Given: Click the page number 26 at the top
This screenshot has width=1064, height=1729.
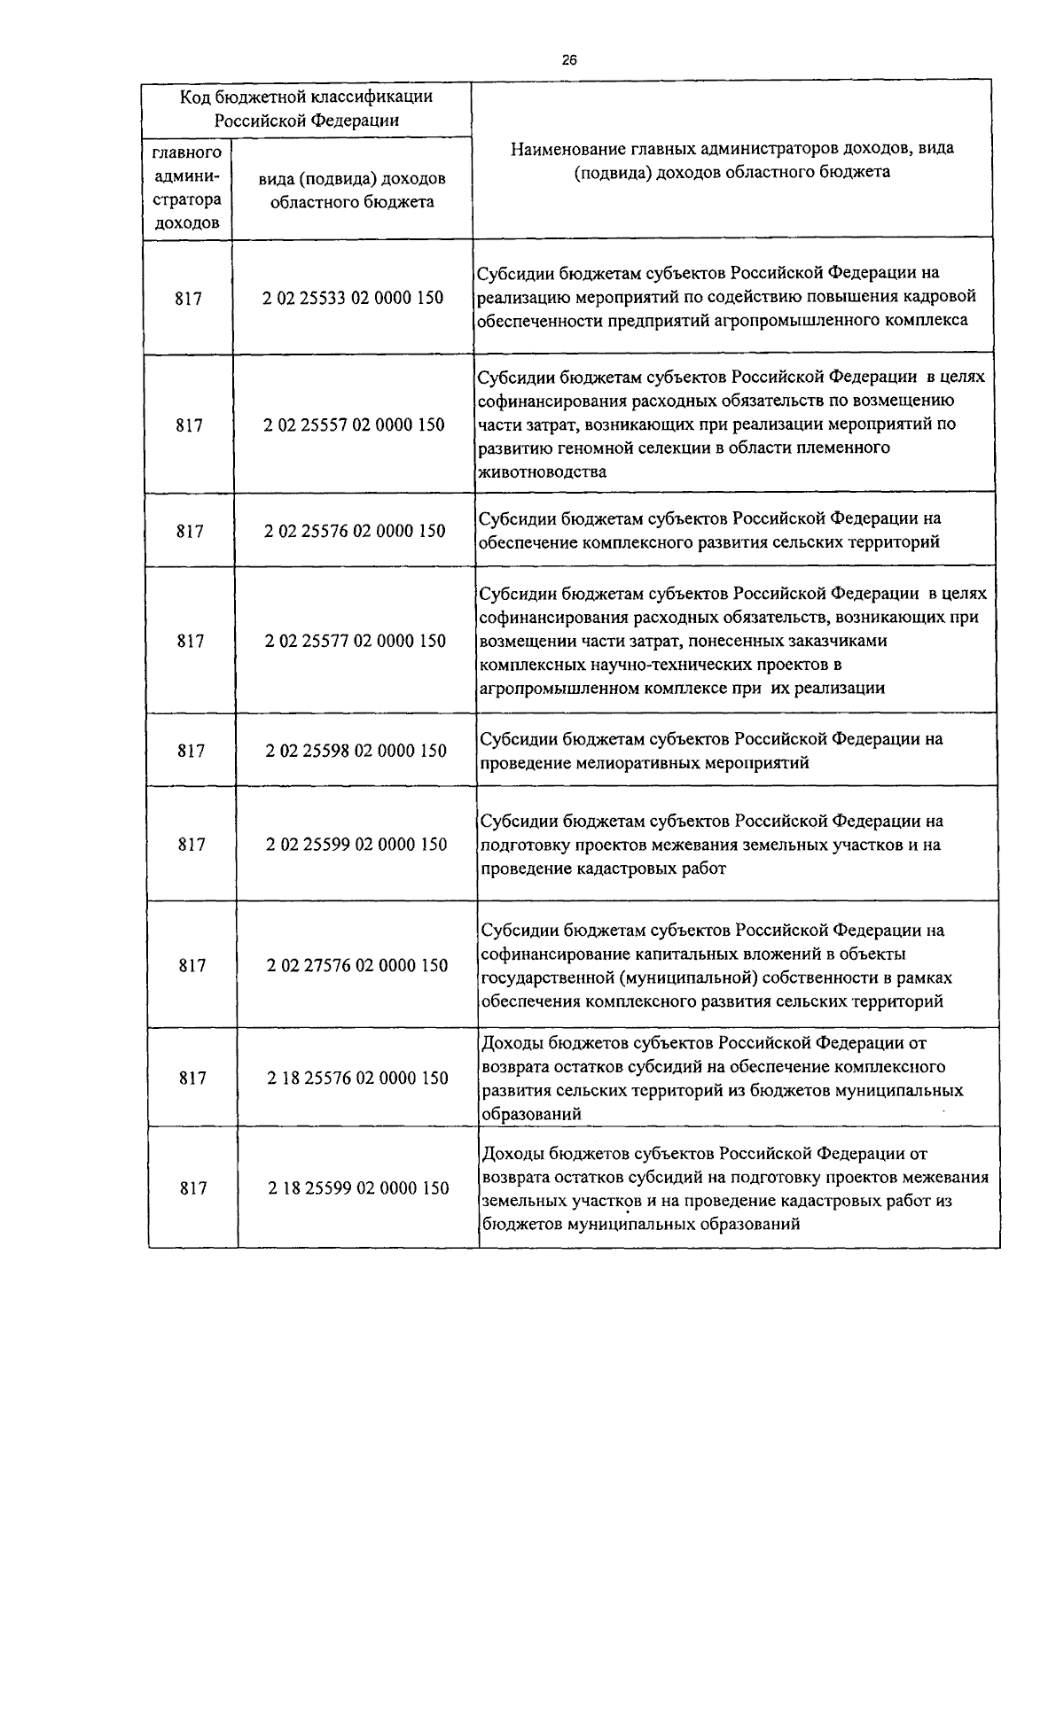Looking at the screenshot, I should [568, 60].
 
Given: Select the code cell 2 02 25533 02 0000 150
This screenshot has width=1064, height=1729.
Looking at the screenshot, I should [353, 298].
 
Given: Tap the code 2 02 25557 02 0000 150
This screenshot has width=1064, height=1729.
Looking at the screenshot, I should [354, 424].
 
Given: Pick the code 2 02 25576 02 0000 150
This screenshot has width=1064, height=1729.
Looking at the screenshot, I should [355, 531].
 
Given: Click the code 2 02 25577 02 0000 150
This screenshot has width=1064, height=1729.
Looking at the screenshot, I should [355, 640].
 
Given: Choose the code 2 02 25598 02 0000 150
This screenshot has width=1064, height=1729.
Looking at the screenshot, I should [356, 751].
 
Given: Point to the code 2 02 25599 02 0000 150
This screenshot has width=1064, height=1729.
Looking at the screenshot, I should [356, 844].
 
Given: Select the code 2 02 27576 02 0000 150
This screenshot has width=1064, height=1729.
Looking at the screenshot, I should [357, 965].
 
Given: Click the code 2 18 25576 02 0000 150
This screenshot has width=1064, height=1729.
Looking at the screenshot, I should [357, 1078].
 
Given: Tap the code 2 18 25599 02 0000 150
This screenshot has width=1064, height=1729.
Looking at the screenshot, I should [358, 1188].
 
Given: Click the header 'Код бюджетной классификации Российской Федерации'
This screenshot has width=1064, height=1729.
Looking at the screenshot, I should [307, 107].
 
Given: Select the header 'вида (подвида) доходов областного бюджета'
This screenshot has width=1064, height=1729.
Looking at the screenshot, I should [352, 190].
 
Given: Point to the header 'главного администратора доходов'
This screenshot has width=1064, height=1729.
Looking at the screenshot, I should [187, 188].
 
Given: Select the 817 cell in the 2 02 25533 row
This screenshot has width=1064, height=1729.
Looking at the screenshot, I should [188, 299].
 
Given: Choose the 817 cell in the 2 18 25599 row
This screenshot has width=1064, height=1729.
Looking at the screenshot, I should [193, 1188].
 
